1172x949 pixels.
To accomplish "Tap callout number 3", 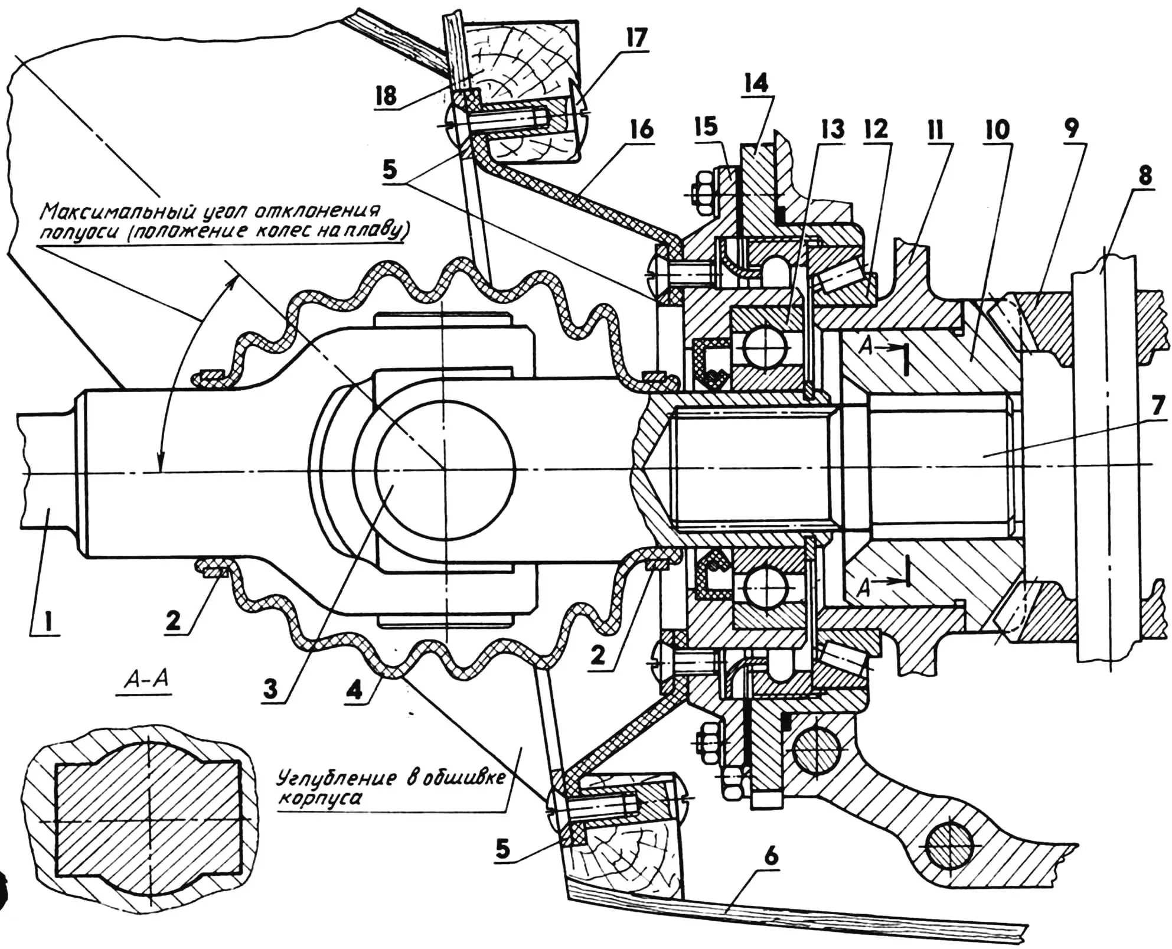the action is coord(270,688).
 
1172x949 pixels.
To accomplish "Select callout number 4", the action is coord(355,688).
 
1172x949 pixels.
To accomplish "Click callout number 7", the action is coord(1158,405).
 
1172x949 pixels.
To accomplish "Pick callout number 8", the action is coord(1145,175).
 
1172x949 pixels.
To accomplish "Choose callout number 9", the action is coord(1072,128).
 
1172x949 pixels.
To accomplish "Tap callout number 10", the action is coord(997,131).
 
